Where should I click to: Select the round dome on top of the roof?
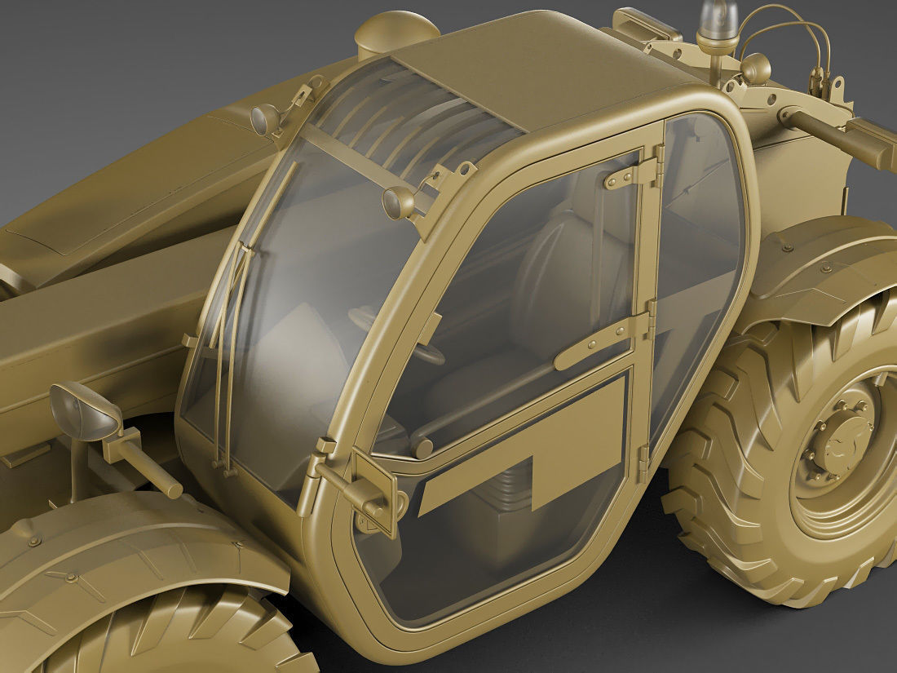[x=395, y=33]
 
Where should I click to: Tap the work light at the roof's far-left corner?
[x=267, y=119]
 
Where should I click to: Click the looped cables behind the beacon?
[x=783, y=33]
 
